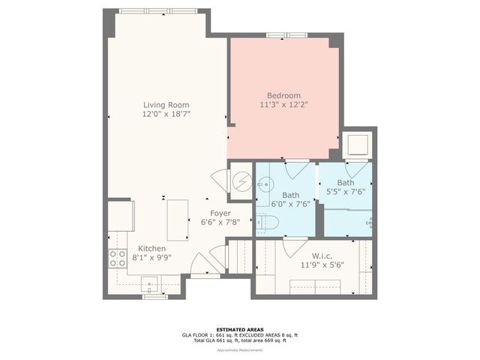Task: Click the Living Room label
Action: click(x=166, y=105)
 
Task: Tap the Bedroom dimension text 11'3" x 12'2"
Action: click(x=283, y=105)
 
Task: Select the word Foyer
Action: click(x=220, y=212)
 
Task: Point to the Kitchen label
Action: click(x=151, y=248)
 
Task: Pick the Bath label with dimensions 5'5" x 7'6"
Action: click(x=346, y=182)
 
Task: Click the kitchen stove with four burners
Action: click(x=118, y=259)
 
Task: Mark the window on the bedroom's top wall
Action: click(x=286, y=34)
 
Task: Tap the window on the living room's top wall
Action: click(x=159, y=10)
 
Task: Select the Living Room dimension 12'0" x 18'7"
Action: click(x=166, y=115)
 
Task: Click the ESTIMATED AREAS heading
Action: click(x=239, y=329)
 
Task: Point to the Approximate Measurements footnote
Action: click(x=239, y=350)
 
